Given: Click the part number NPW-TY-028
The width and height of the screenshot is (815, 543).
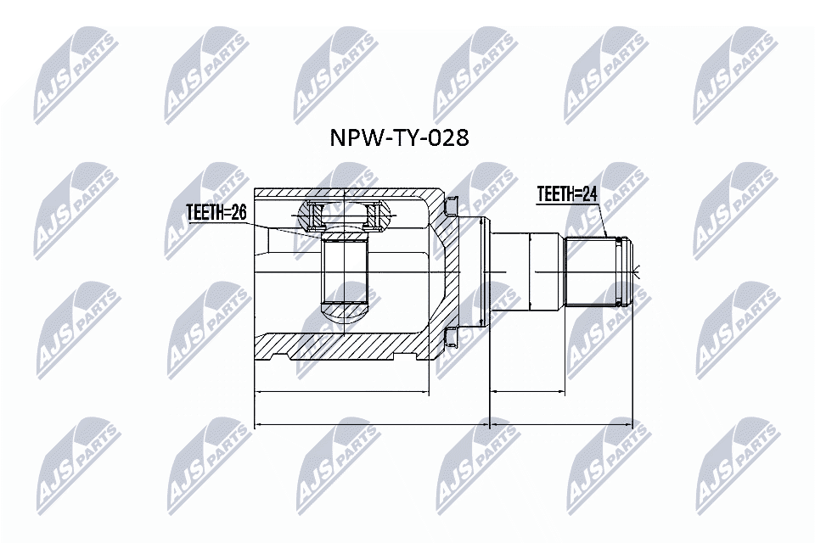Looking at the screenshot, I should [x=398, y=138].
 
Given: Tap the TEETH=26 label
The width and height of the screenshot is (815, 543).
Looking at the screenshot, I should [x=216, y=213].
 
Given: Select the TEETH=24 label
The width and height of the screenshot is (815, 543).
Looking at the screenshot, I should [x=567, y=195].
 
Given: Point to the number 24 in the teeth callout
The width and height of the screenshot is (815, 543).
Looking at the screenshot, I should [x=590, y=195].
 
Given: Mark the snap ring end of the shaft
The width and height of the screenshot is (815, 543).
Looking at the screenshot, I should [x=627, y=272].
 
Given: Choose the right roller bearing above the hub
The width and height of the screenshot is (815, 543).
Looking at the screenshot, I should [x=372, y=217].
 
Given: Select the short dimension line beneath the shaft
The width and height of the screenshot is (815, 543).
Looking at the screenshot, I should [x=527, y=393].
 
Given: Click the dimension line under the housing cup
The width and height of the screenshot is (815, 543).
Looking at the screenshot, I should [x=342, y=393].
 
